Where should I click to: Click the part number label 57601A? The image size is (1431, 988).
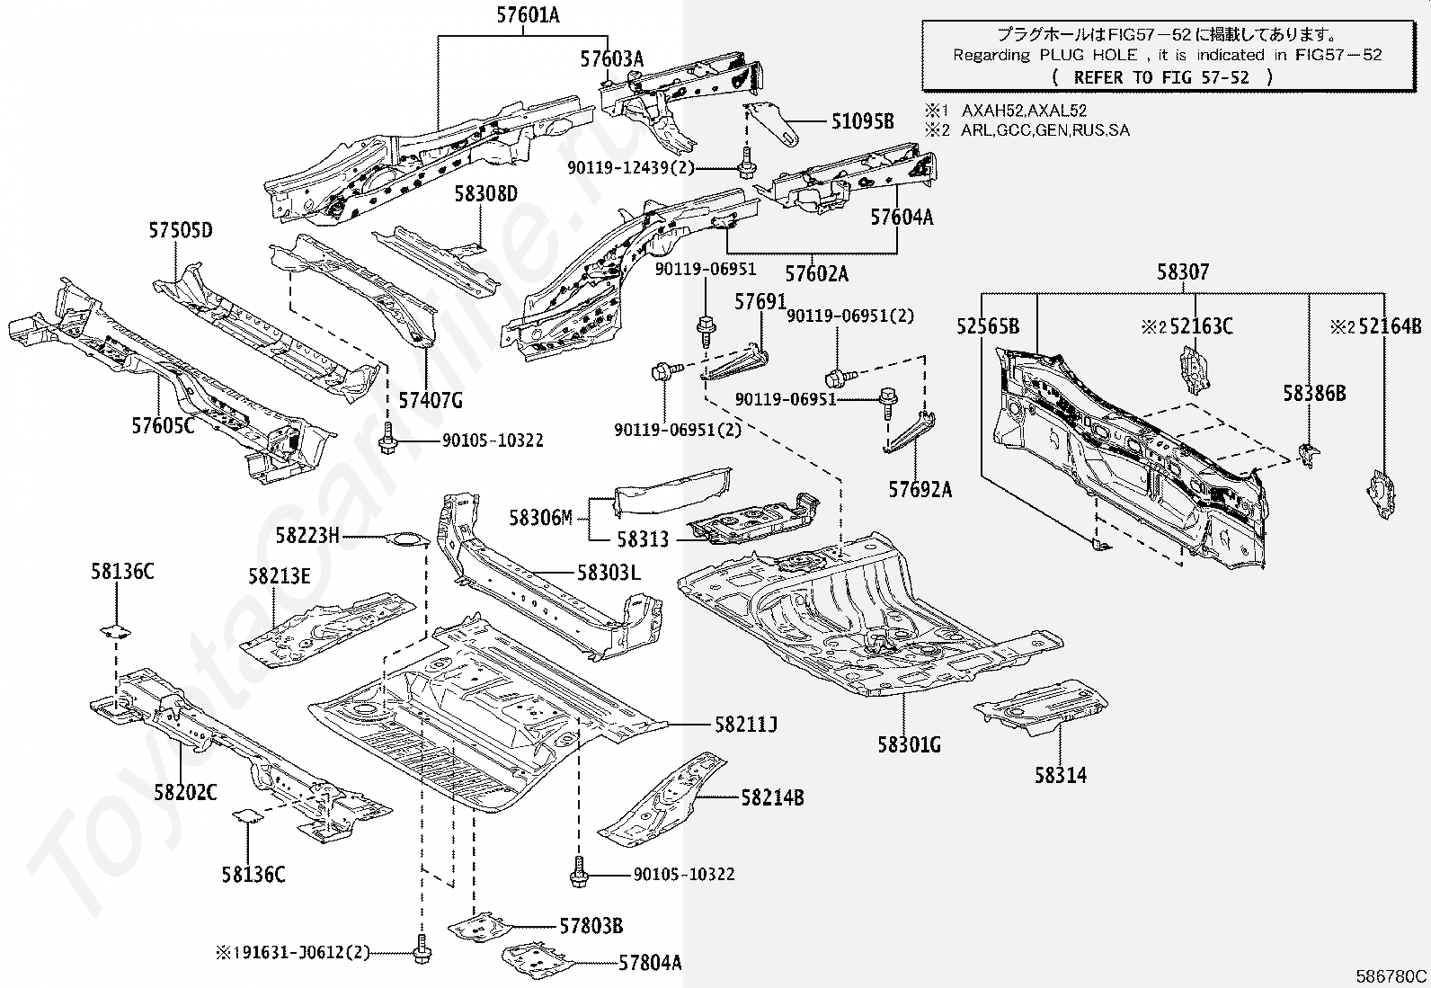tap(528, 15)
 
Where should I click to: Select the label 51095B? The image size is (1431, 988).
tap(862, 120)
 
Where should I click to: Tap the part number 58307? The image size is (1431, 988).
tap(1183, 272)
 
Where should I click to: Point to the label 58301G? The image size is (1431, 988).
tap(909, 744)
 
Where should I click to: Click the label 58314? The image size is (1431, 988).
tap(1061, 775)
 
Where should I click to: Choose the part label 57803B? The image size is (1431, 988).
tap(591, 926)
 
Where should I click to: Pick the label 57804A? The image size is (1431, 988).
tap(651, 963)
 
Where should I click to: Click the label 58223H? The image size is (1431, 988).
tap(307, 536)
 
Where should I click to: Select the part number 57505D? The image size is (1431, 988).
tap(181, 230)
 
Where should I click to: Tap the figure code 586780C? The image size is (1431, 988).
tap(1391, 976)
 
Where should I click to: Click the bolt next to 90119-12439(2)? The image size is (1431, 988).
tap(746, 163)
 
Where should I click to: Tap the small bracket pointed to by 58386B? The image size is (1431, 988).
tap(1309, 455)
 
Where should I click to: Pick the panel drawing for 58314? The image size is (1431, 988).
tap(1041, 708)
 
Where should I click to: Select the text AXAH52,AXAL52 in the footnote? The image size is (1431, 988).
tap(1024, 111)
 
